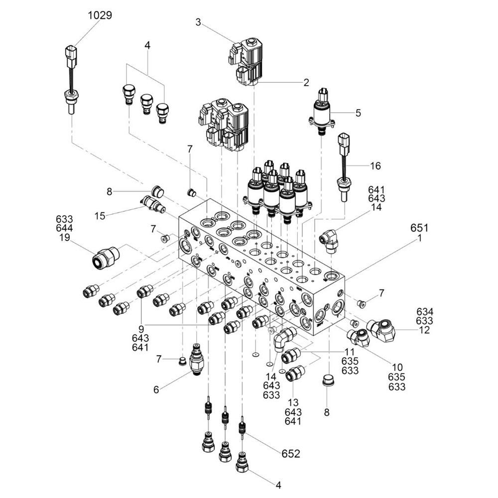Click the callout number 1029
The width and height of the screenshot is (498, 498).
click(x=100, y=15)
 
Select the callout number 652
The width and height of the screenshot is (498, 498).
click(x=290, y=454)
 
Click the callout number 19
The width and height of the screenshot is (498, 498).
click(x=65, y=237)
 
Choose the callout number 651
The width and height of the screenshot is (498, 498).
click(x=419, y=228)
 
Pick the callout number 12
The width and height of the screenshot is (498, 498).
click(x=424, y=330)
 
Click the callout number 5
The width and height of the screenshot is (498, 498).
click(x=358, y=113)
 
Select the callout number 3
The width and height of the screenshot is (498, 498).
click(x=198, y=22)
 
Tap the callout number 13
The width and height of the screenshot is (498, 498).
click(x=293, y=403)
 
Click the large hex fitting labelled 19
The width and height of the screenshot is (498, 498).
click(x=106, y=257)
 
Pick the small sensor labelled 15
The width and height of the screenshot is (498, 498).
click(x=152, y=204)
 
